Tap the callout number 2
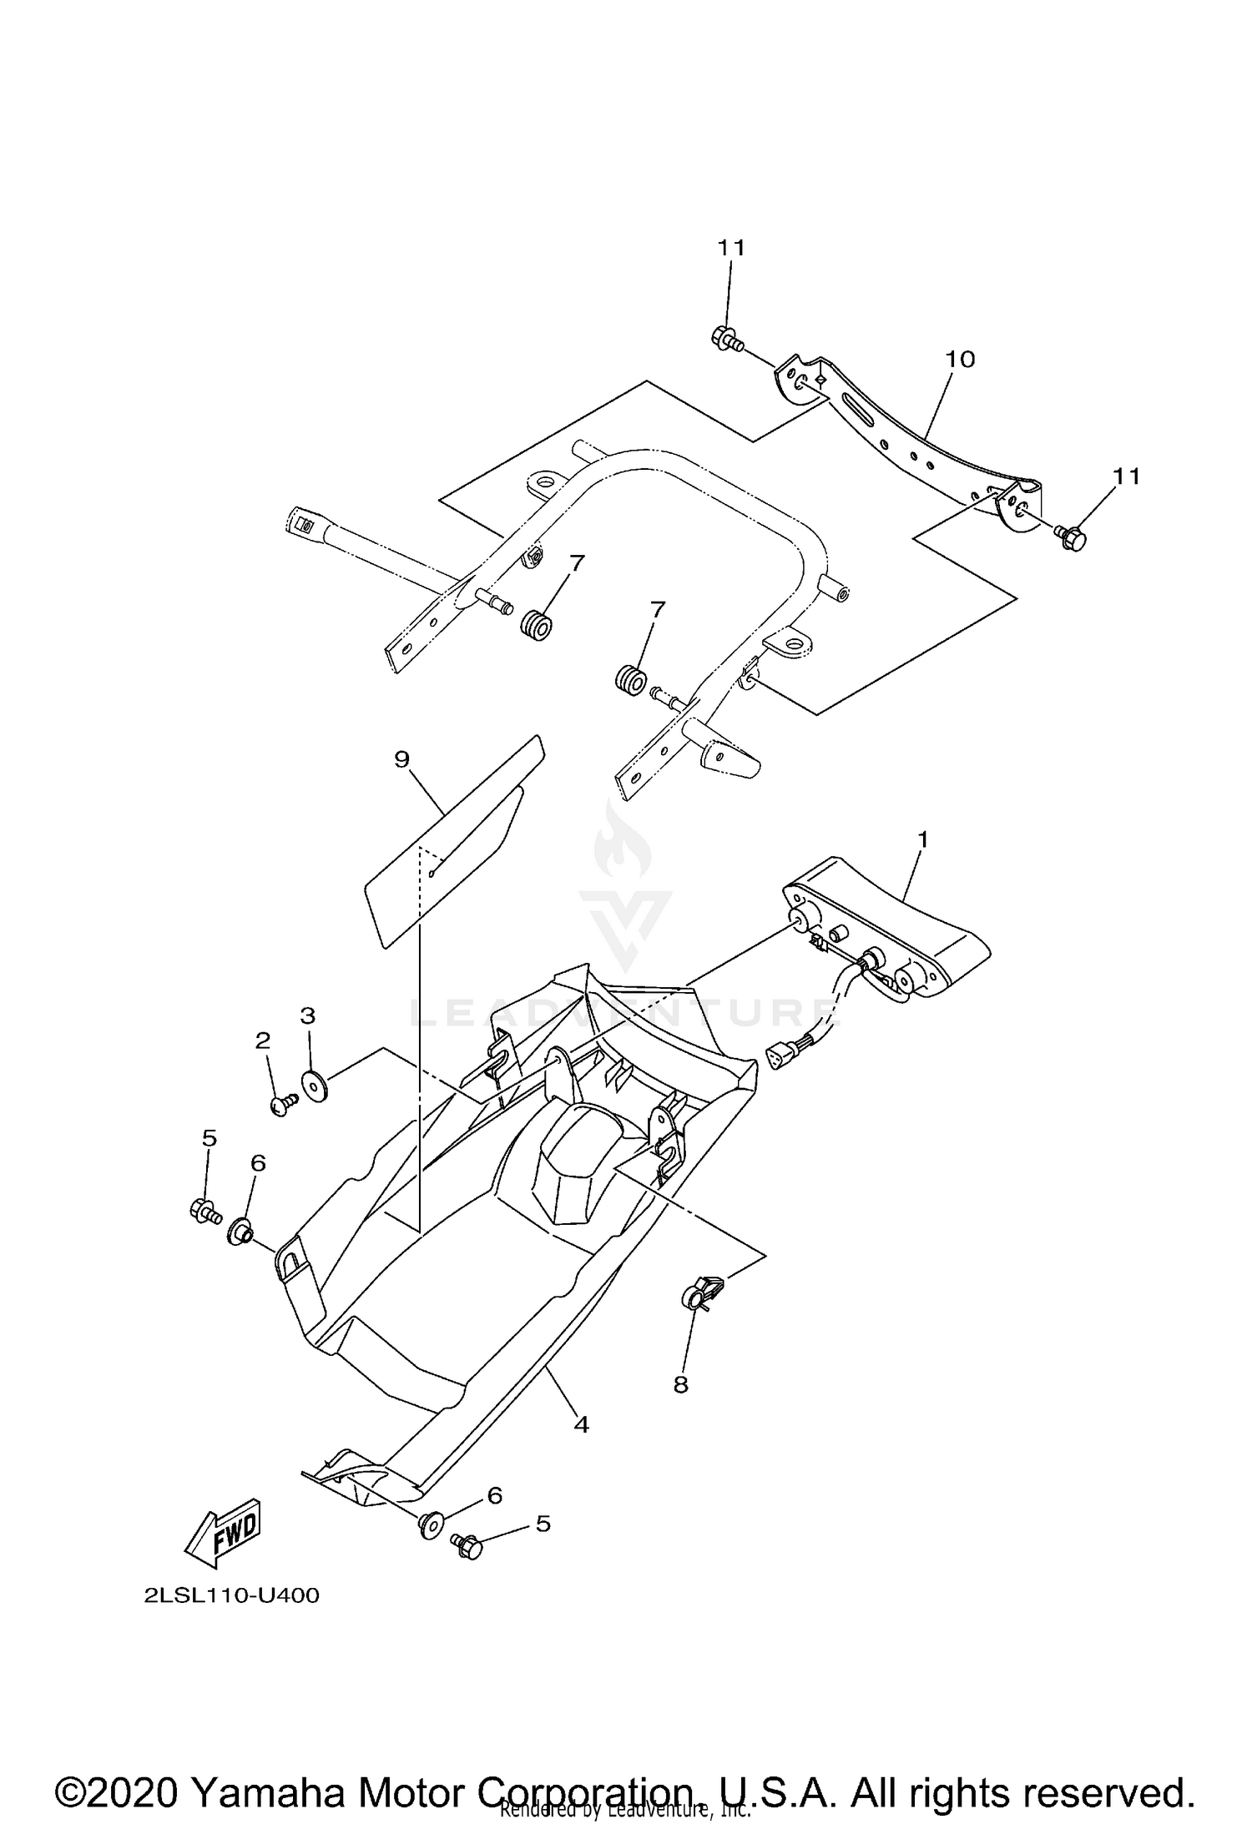tap(263, 1040)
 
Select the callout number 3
tap(307, 1015)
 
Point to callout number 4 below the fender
tap(582, 1424)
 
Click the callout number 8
tap(680, 1384)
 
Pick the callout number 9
tap(402, 758)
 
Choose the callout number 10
tap(960, 359)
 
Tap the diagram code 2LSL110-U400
tap(231, 1595)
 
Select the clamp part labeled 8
tap(699, 1294)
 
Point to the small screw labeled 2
tap(282, 1104)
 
